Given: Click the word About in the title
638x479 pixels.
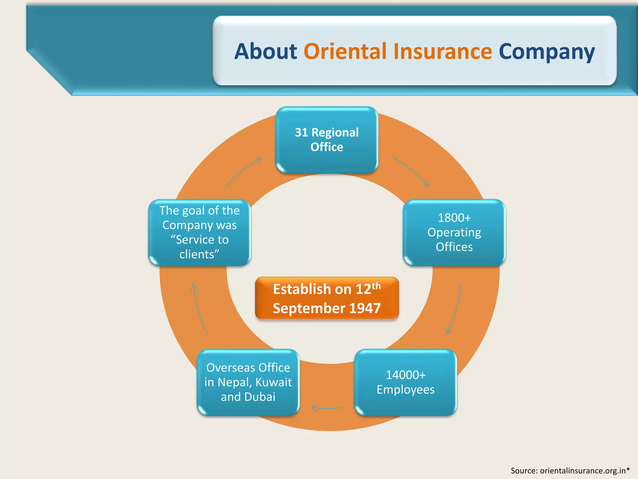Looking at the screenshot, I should [266, 51].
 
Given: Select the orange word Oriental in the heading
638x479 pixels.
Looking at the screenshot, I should [345, 51].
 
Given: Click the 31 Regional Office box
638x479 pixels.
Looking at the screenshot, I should [327, 140].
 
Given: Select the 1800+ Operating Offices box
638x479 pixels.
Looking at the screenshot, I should [454, 232].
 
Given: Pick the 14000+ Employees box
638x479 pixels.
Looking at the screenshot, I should [405, 382].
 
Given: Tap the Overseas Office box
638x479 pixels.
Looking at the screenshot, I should [248, 382].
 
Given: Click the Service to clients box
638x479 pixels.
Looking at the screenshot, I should [199, 232].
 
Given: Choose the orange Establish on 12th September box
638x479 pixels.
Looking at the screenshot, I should [327, 298].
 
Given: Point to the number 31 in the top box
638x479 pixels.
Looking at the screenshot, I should [301, 133].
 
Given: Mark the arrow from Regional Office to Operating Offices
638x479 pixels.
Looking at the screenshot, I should [411, 172].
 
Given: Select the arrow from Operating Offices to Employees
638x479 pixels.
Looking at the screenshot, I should [456, 309].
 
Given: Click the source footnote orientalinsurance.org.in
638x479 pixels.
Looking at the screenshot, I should [570, 470].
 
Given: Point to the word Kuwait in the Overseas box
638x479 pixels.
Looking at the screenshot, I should [274, 382].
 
